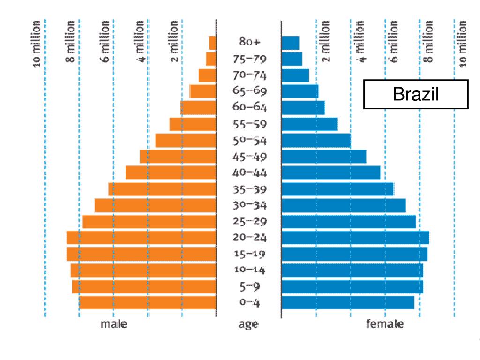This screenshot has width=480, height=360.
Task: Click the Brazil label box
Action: click(x=416, y=95)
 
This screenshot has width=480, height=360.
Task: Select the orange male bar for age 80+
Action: click(x=212, y=43)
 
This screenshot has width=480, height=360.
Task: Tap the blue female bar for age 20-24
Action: click(x=355, y=238)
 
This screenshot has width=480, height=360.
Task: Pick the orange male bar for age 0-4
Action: click(x=148, y=302)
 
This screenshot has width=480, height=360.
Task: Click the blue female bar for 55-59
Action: click(x=309, y=124)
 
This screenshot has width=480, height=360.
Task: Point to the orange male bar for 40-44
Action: click(x=171, y=172)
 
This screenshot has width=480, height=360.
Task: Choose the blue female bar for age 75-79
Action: click(x=292, y=60)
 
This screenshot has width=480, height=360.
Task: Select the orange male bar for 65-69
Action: click(x=202, y=91)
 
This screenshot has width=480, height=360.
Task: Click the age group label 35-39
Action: click(x=249, y=189)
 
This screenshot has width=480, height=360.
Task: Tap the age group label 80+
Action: click(x=249, y=42)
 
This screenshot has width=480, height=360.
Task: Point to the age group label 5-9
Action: click(x=249, y=286)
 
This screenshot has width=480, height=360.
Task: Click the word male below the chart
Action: click(x=113, y=324)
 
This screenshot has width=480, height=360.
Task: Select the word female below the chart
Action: click(x=384, y=324)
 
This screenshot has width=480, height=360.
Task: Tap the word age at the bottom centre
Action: click(x=248, y=324)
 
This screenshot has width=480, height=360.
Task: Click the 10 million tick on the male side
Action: click(x=38, y=43)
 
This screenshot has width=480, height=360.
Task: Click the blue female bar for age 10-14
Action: click(x=352, y=270)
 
